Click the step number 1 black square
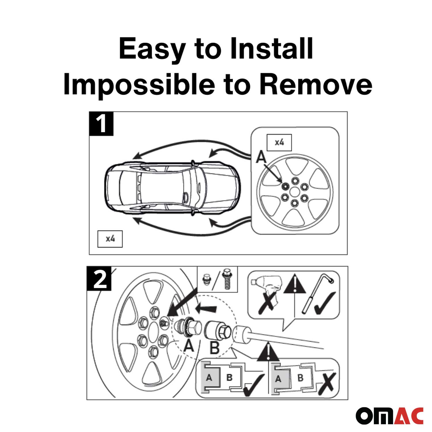point(101,124)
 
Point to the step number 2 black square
point(99,278)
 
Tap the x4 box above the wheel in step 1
point(279,142)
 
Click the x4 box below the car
point(110,239)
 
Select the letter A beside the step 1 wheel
point(261,158)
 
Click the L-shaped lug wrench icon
point(318,294)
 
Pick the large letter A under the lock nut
point(189,346)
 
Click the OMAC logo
point(389,416)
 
